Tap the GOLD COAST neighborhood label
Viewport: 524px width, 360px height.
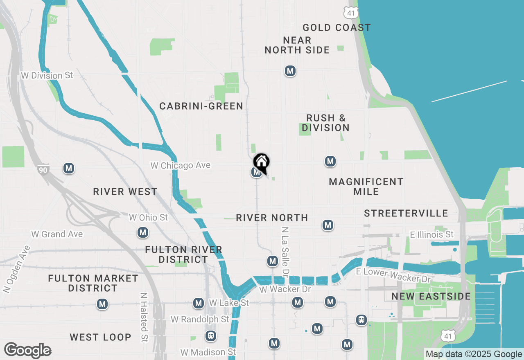(x=337, y=28)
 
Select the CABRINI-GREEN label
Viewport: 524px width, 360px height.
(x=201, y=106)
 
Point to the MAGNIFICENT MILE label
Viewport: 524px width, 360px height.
(x=366, y=187)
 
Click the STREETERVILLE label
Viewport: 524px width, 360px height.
(x=406, y=214)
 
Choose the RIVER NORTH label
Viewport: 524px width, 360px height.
(x=272, y=218)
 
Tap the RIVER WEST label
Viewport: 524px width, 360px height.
(x=125, y=191)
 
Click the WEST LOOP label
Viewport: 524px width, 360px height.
(x=100, y=337)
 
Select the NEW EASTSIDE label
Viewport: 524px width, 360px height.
(x=431, y=297)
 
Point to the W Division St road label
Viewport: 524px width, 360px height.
(x=47, y=76)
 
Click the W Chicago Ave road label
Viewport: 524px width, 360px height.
(x=181, y=165)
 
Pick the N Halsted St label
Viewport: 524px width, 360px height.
(x=144, y=317)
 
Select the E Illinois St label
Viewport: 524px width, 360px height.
(x=432, y=235)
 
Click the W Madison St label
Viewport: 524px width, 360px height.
(x=208, y=352)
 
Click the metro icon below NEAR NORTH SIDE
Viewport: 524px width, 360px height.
(x=290, y=71)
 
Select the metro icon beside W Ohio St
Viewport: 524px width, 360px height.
(x=143, y=233)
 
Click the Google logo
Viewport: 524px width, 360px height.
(x=27, y=350)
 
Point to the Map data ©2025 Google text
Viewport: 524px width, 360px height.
(x=474, y=354)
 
